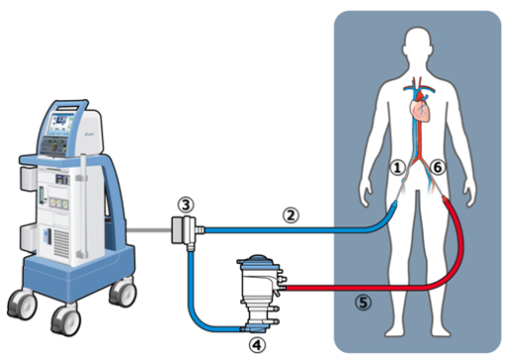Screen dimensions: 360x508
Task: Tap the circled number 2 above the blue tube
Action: click(291, 212)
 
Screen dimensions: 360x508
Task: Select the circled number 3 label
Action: click(184, 203)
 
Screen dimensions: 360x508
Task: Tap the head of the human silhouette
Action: click(416, 45)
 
